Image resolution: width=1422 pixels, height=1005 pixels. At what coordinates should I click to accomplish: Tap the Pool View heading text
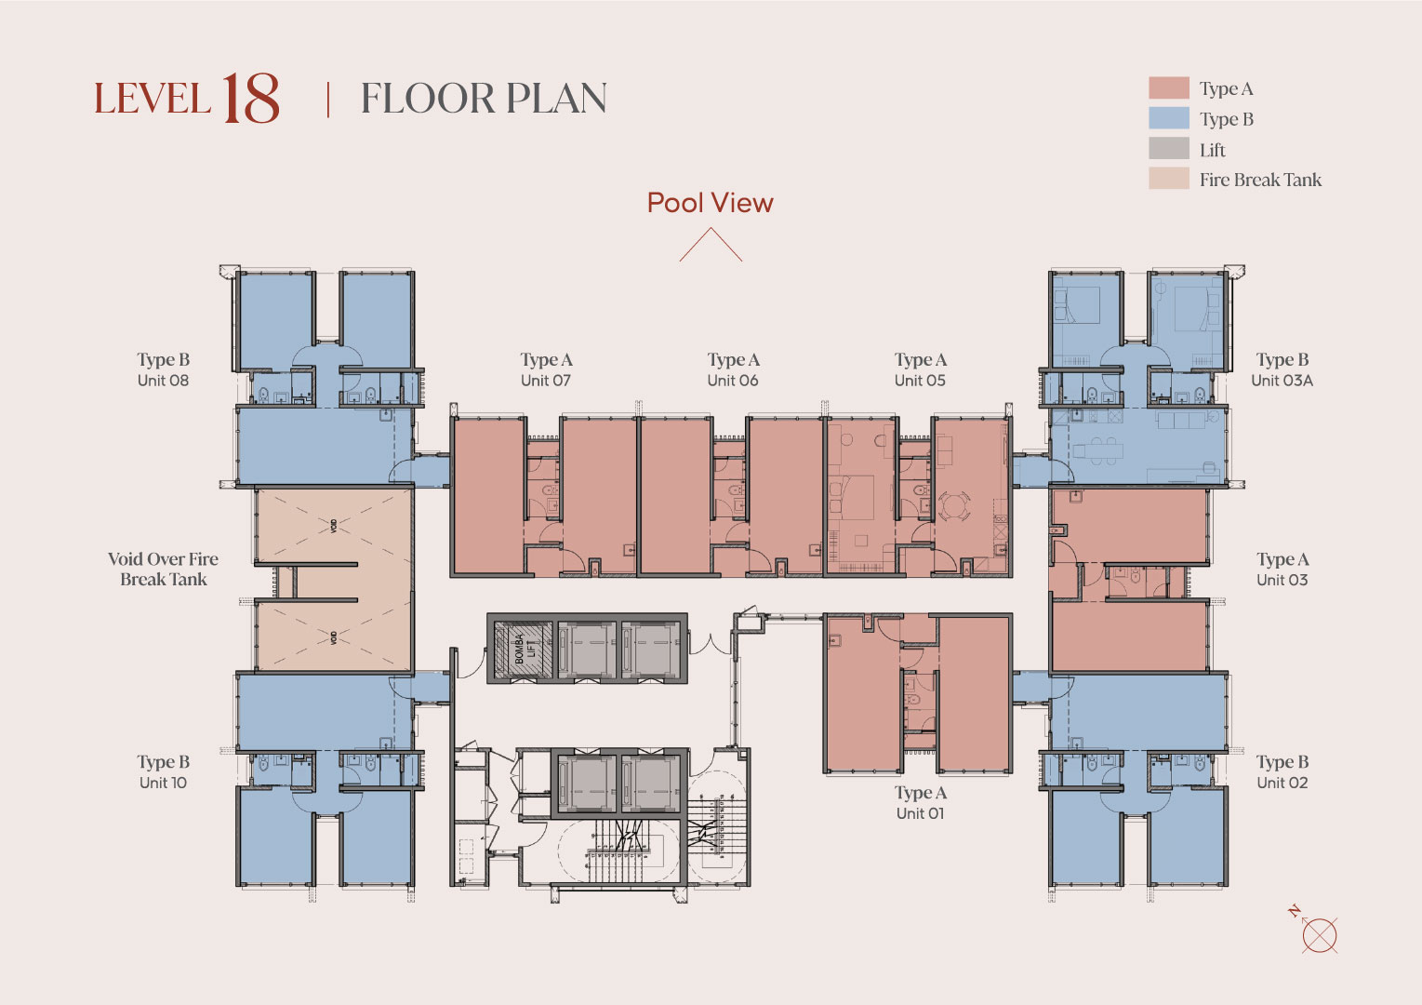pos(711,203)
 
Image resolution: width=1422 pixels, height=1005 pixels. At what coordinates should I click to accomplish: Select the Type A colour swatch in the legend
pos(1169,87)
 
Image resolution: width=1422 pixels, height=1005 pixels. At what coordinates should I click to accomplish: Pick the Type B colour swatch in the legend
pos(1169,118)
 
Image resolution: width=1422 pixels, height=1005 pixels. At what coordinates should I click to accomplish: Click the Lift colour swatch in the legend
pos(1169,149)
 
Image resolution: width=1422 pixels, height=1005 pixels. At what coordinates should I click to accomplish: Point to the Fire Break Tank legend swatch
pos(1169,179)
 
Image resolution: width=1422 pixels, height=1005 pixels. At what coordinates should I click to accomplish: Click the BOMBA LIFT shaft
pos(524,648)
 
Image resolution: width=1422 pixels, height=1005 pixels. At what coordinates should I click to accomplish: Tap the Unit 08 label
pos(163,381)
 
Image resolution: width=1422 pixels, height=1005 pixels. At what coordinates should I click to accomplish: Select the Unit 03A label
pos(1282,381)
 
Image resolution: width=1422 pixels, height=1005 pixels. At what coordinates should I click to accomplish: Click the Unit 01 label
pos(920,813)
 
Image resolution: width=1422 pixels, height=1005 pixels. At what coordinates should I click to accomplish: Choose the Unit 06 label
pos(733,381)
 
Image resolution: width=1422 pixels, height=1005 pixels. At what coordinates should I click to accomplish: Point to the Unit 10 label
pos(163,783)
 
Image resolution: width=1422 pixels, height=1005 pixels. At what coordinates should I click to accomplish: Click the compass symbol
pos(1317,932)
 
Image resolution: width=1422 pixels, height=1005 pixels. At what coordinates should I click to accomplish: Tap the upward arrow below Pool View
pos(711,244)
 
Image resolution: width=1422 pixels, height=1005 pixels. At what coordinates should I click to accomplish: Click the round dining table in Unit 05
pos(954,506)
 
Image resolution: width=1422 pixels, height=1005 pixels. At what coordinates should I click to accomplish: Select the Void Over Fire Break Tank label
pos(163,569)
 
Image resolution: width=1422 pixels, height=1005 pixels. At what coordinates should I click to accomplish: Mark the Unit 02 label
pos(1282,783)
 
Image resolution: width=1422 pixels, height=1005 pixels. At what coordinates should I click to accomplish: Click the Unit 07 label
pos(546,381)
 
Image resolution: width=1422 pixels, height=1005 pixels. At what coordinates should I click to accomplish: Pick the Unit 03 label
pos(1282,580)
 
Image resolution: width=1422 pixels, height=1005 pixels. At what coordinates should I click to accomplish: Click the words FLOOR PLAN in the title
pos(484,99)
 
